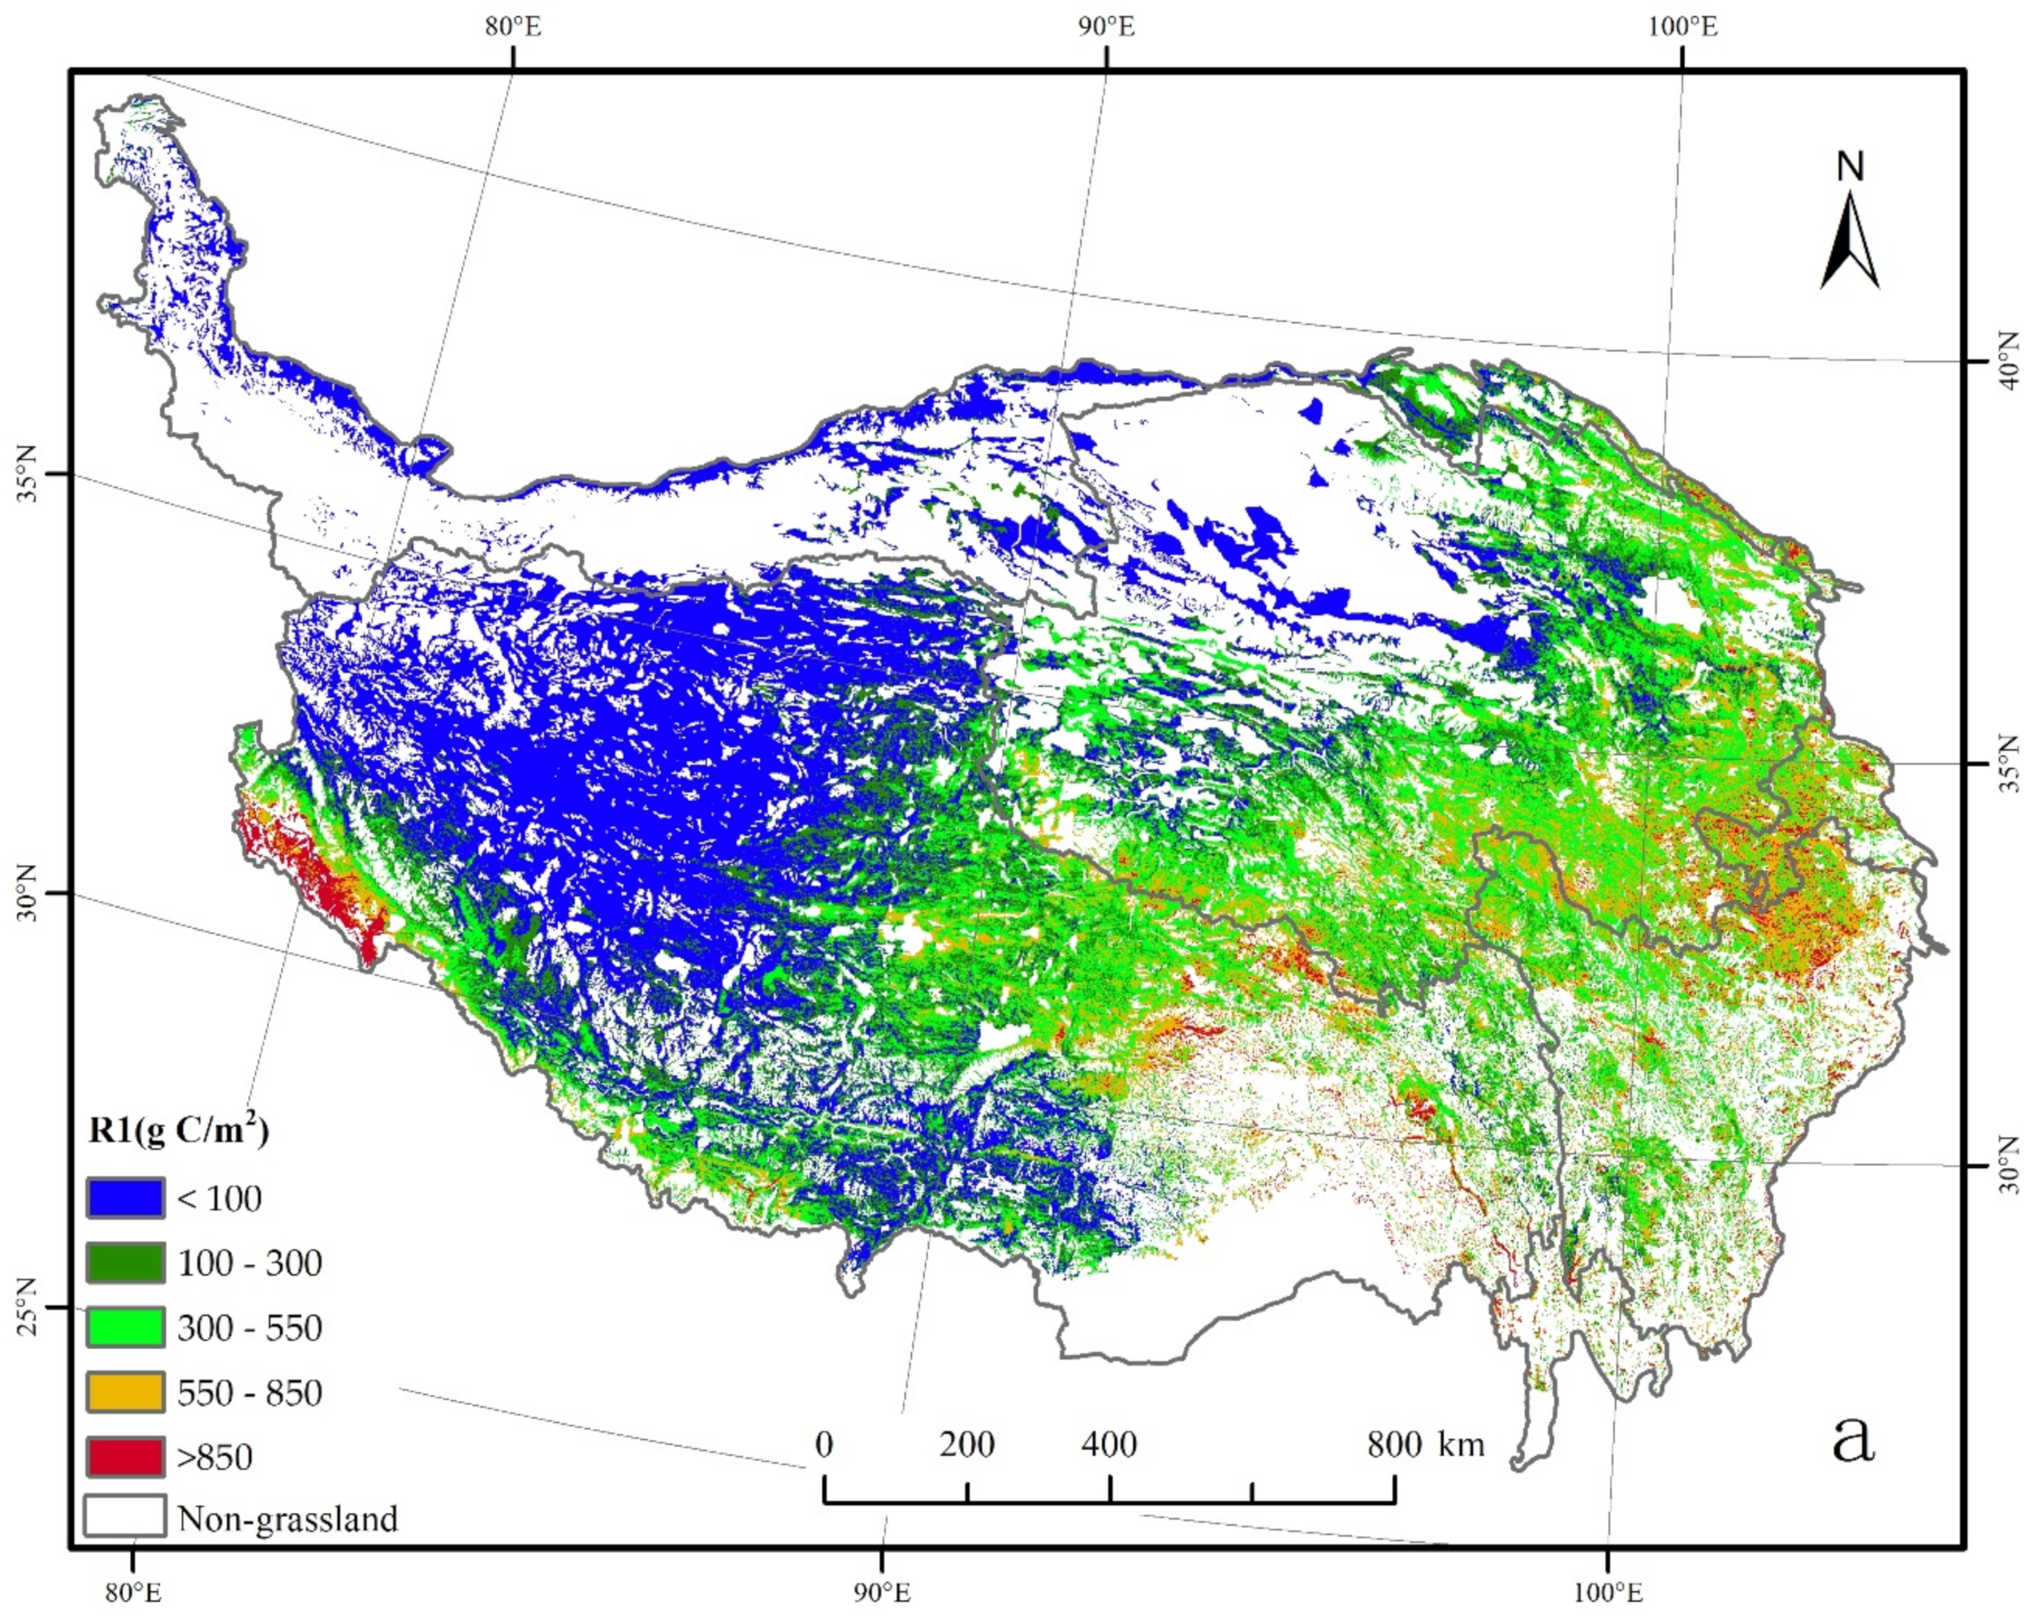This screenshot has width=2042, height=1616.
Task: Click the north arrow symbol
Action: point(1849,253)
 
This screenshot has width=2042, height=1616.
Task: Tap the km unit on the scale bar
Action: point(1461,1445)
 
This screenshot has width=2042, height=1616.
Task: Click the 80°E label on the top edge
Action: point(514,26)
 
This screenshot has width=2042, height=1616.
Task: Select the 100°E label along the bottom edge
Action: point(1608,1592)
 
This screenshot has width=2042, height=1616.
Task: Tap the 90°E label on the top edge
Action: point(1105,26)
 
